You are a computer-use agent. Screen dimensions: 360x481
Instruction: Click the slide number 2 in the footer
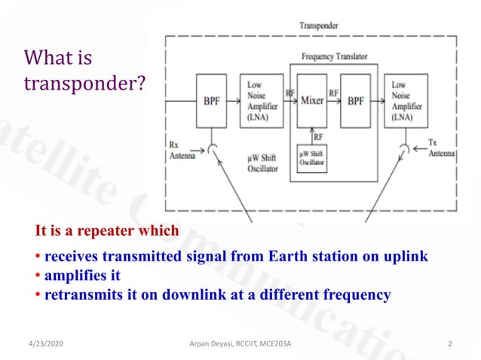tap(449, 344)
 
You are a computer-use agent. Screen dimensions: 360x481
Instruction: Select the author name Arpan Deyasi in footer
tap(216, 344)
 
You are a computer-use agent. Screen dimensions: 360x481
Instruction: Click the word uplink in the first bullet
tap(406, 256)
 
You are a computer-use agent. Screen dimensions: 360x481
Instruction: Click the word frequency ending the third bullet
tap(357, 294)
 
